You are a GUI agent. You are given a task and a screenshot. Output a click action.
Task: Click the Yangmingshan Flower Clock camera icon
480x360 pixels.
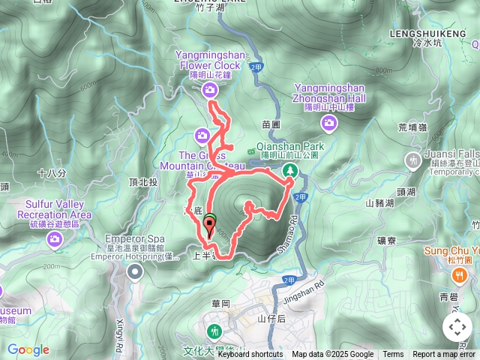[x=209, y=90]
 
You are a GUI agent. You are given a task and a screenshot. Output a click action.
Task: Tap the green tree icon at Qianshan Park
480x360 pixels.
[x=289, y=172]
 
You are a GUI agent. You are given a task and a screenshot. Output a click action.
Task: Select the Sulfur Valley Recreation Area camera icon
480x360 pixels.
[x=54, y=239]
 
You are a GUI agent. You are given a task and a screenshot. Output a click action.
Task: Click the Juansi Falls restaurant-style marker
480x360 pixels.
[x=412, y=160]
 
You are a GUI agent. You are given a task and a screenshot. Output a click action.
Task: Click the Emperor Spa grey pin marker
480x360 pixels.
[x=134, y=271]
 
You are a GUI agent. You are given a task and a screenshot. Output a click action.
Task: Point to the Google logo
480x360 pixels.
[x=28, y=349]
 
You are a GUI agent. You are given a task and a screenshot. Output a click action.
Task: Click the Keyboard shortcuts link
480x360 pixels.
[x=250, y=355]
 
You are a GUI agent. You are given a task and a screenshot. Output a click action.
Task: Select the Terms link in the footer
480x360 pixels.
[x=393, y=355]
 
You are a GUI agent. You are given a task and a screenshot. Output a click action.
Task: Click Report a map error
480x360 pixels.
[x=445, y=355]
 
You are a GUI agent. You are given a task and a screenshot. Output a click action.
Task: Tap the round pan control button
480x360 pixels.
[x=457, y=327]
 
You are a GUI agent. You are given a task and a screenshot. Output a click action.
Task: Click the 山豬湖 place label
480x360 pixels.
[x=379, y=202]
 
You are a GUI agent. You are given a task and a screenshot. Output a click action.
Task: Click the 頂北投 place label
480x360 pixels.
[x=143, y=181]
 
